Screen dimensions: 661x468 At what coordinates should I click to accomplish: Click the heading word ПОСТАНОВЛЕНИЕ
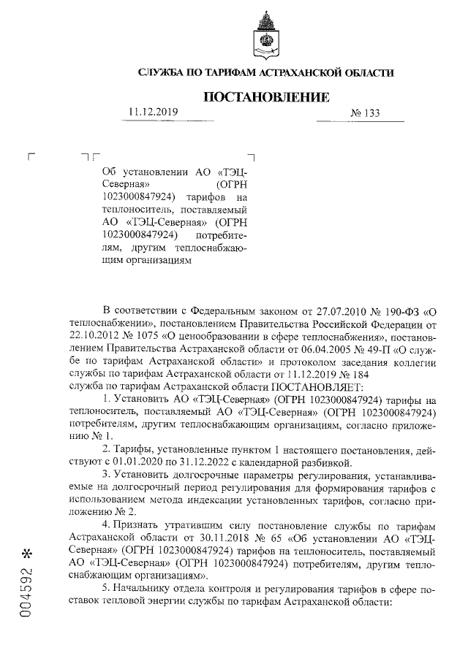click(265, 96)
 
